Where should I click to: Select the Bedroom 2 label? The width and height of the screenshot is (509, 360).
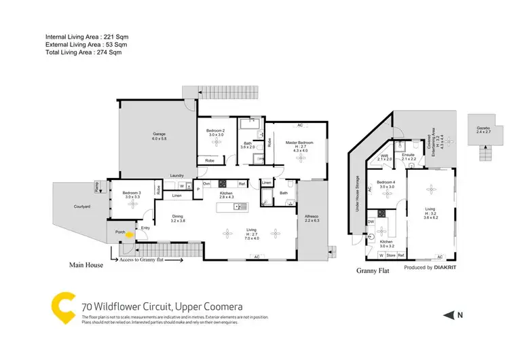coord(216,130)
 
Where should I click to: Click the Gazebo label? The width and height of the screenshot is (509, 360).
coord(483,127)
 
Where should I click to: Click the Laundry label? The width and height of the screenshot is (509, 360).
coord(178,175)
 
